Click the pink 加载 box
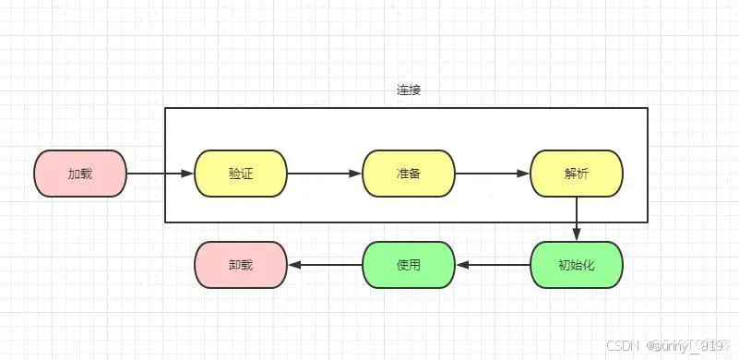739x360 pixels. pos(80,174)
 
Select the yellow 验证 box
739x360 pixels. pos(241,174)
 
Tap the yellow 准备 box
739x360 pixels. pos(408,174)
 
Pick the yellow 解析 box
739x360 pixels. pos(576,174)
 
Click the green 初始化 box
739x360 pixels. pos(577,265)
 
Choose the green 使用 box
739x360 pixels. pos(408,265)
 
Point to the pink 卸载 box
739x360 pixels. pos(241,265)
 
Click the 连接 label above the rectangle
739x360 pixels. pos(408,90)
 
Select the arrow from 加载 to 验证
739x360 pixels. pos(160,174)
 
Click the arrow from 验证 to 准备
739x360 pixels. pos(324,174)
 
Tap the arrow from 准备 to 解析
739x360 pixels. pos(492,174)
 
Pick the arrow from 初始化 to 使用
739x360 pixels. pos(493,265)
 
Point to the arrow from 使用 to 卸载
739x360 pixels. pos(325,265)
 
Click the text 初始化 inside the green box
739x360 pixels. pos(577,265)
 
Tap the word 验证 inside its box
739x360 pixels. pos(241,174)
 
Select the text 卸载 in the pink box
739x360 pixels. pos(241,265)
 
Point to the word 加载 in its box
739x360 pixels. pos(80,174)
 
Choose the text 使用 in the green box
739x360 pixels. pos(408,265)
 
